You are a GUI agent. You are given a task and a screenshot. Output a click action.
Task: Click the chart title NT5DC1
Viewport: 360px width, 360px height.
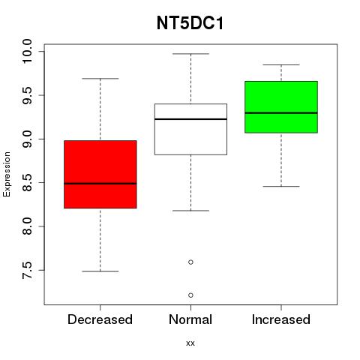(190, 23)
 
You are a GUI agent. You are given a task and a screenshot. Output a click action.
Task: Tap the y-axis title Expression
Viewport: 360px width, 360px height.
(7, 174)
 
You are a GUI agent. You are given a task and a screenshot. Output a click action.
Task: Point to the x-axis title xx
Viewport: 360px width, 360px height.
(190, 343)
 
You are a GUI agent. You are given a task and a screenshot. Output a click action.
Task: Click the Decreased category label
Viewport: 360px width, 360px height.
(100, 319)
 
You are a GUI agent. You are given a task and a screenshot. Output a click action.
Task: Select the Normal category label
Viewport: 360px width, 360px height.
(190, 319)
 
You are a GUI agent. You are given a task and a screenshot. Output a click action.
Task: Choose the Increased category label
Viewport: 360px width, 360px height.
(281, 319)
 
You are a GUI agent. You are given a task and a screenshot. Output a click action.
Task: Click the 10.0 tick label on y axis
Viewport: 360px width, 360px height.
(27, 52)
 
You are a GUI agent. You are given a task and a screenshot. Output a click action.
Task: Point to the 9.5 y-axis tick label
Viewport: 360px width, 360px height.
(27, 95)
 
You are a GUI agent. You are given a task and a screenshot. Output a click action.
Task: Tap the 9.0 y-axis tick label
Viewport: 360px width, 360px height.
(27, 139)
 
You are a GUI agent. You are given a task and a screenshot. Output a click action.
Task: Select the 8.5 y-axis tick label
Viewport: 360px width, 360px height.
(27, 183)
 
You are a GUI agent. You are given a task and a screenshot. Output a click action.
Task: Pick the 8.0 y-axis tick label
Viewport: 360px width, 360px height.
(27, 226)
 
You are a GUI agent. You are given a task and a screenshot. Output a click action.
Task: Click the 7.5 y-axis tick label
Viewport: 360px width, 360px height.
(27, 270)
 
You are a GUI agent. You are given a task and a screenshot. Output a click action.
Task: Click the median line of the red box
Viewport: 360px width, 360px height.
(100, 184)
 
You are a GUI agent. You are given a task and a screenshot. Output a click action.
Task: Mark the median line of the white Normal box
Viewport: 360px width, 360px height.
(190, 119)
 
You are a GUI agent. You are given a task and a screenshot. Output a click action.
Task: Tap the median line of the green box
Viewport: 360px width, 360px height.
(281, 113)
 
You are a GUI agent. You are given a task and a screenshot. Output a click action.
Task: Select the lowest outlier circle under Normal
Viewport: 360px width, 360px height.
(190, 295)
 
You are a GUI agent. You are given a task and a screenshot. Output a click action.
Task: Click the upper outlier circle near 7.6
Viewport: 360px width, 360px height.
(190, 262)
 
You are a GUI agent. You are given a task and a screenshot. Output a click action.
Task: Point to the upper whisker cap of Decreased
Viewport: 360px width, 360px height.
(100, 79)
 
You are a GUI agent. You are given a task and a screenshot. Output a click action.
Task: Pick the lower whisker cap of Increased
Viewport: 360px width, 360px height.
(281, 187)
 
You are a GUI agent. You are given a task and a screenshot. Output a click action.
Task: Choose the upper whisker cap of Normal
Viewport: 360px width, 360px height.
(190, 54)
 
